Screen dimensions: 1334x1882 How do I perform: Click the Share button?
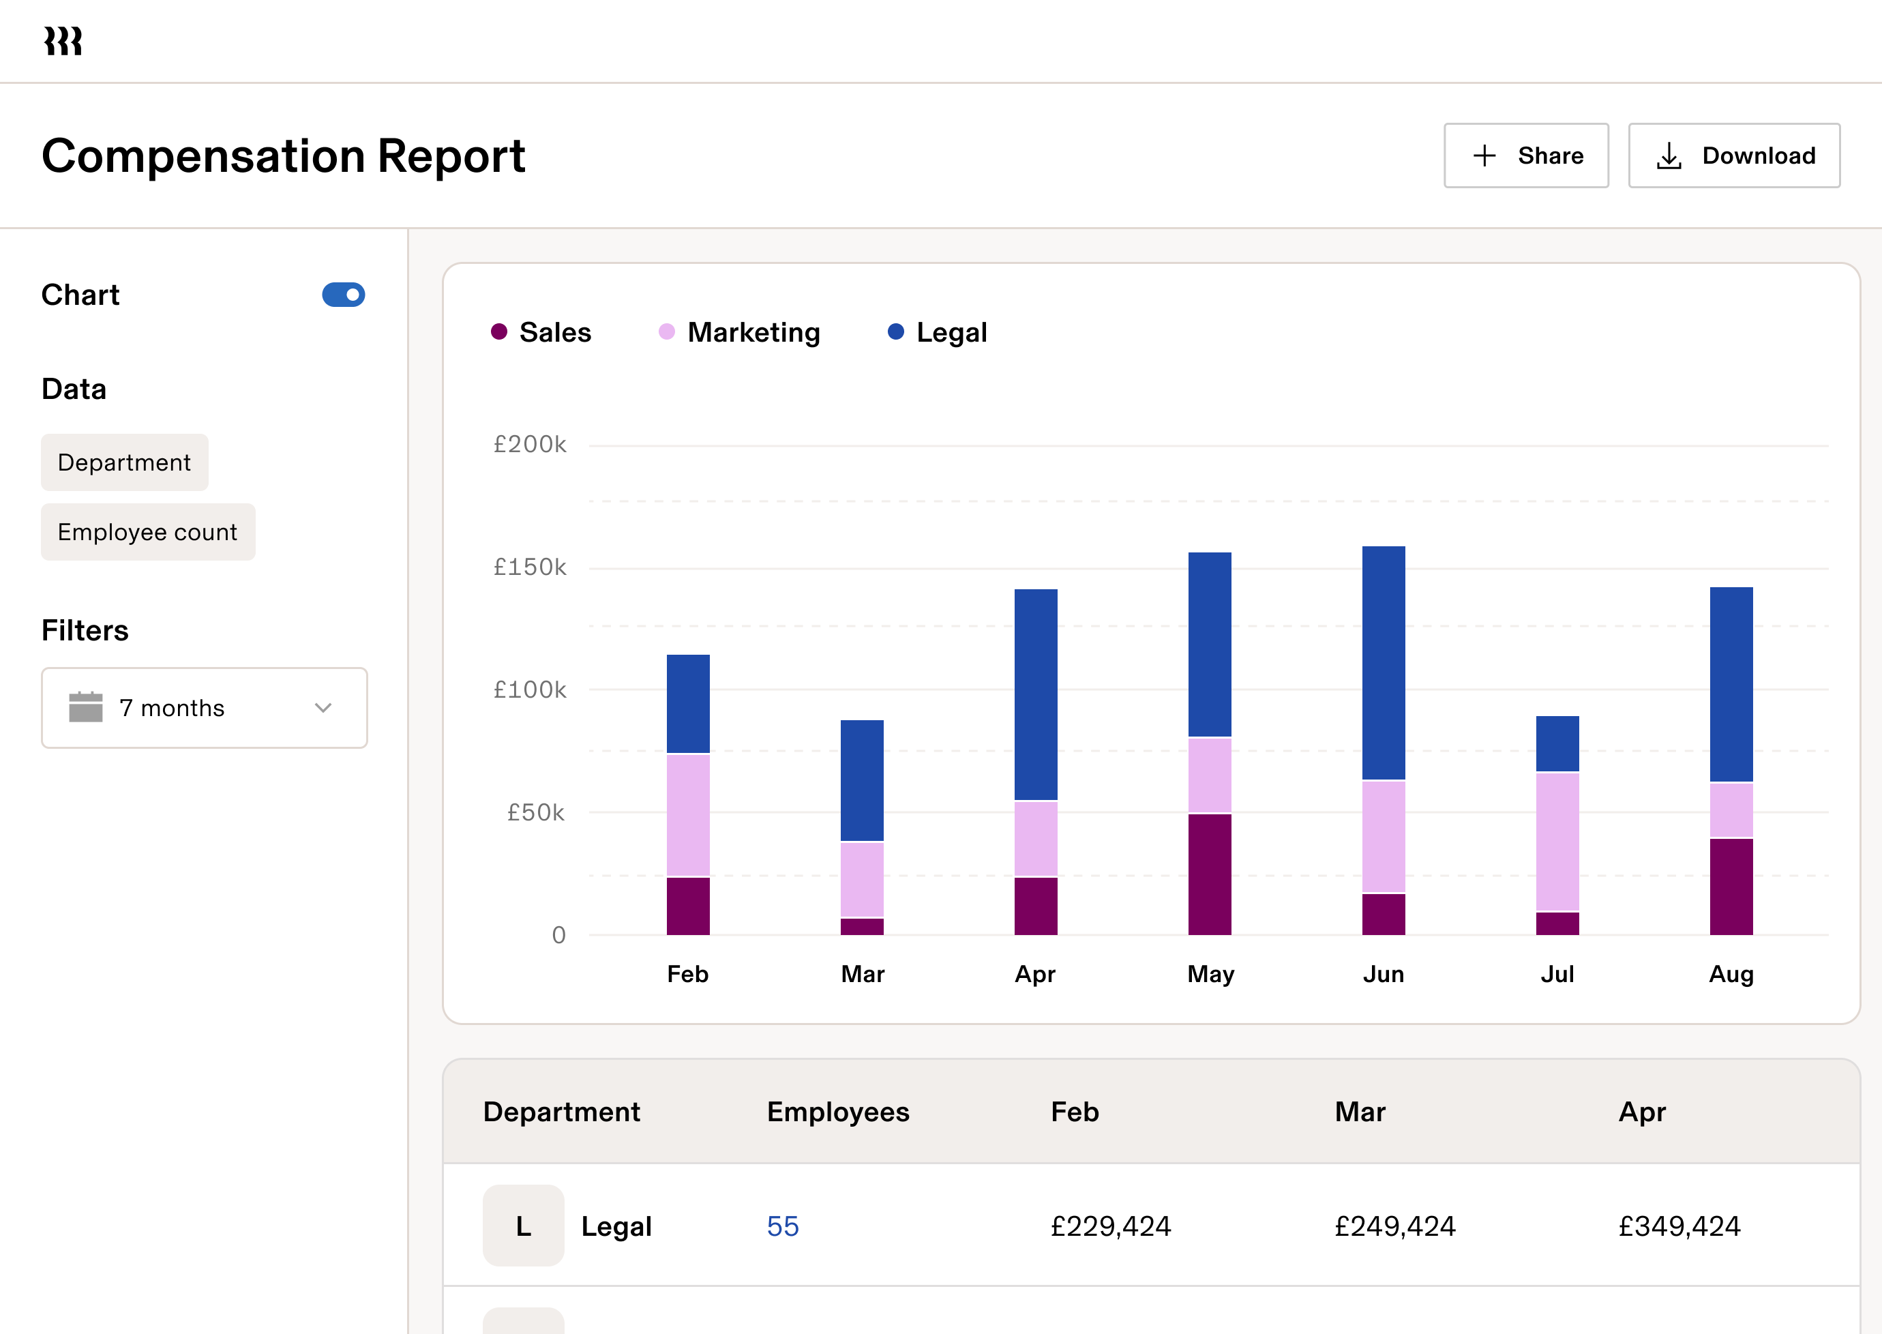[x=1525, y=155]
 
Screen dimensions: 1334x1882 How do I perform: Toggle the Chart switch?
[x=343, y=295]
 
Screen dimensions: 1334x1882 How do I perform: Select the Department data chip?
[x=125, y=462]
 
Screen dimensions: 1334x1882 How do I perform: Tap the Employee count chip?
[x=148, y=532]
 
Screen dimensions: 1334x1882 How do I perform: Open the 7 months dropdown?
[x=205, y=708]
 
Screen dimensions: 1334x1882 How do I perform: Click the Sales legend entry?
[x=541, y=333]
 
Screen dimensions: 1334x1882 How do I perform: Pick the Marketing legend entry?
[x=739, y=333]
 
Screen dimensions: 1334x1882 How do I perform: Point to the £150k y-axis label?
[x=530, y=567]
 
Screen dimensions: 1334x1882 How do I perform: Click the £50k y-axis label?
[x=535, y=813]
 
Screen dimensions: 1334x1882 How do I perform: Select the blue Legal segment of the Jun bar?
[x=1384, y=662]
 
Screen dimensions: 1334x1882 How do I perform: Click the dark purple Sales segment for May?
[x=1210, y=874]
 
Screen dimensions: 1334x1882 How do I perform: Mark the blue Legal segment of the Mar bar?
[x=862, y=780]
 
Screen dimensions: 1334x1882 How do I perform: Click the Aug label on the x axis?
[x=1731, y=974]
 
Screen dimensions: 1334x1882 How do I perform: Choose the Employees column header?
[x=837, y=1112]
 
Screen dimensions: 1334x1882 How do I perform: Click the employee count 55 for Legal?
[x=783, y=1226]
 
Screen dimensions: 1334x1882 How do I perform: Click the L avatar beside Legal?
[x=523, y=1226]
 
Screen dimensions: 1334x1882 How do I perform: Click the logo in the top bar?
[x=63, y=41]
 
